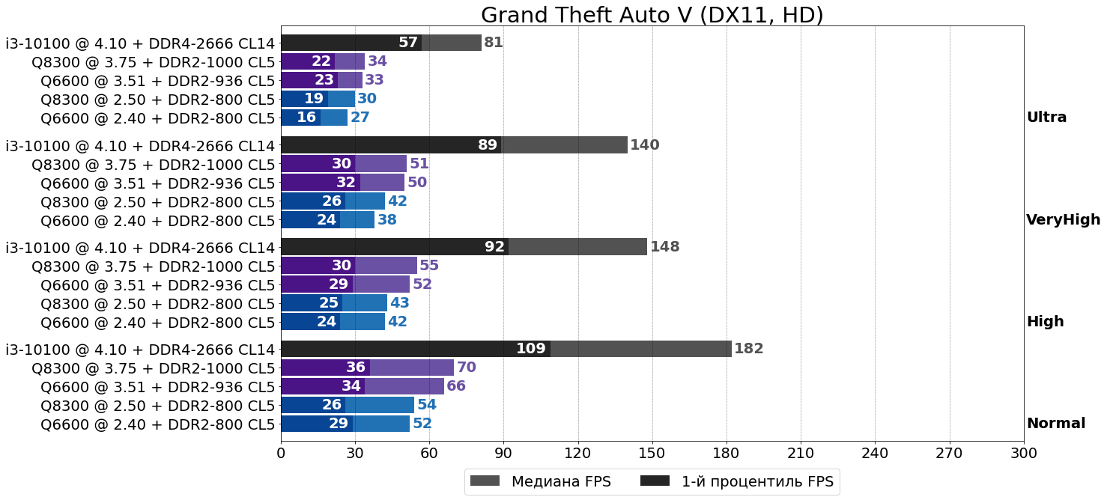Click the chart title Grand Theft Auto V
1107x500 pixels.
point(652,15)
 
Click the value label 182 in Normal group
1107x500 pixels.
point(748,349)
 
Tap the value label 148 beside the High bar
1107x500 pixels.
point(664,247)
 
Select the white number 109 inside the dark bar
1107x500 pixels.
point(530,349)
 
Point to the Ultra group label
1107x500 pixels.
point(1046,118)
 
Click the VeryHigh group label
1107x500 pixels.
point(1063,220)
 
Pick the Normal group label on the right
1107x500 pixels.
point(1055,424)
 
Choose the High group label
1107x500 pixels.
point(1045,322)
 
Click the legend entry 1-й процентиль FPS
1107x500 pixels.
point(737,482)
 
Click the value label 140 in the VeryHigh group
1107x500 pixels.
point(644,145)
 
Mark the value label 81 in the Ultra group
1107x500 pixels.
point(493,43)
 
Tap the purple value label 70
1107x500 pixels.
point(466,368)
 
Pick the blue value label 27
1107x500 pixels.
point(360,118)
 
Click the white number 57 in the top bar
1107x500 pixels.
point(407,43)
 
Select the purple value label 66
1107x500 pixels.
point(456,386)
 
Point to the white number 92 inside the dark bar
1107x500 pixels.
point(494,247)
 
